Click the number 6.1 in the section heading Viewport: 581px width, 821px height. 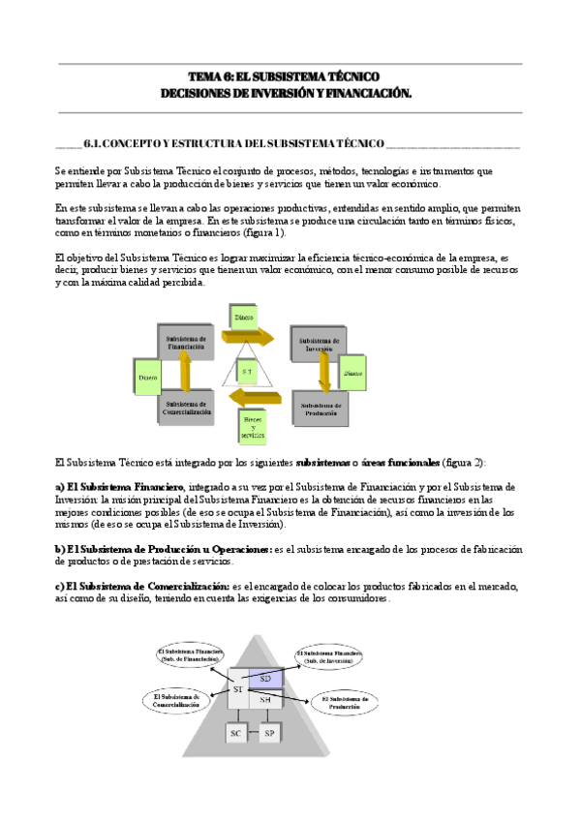pos(93,144)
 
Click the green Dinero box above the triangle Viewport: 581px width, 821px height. pos(244,316)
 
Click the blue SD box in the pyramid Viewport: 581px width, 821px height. pos(265,680)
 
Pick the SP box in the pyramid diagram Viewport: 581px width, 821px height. pos(269,733)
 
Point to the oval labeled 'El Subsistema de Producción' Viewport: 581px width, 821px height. pos(344,702)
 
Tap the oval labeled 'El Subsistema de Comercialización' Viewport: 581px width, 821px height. pos(176,700)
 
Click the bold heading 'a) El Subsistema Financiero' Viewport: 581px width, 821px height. pos(119,485)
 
